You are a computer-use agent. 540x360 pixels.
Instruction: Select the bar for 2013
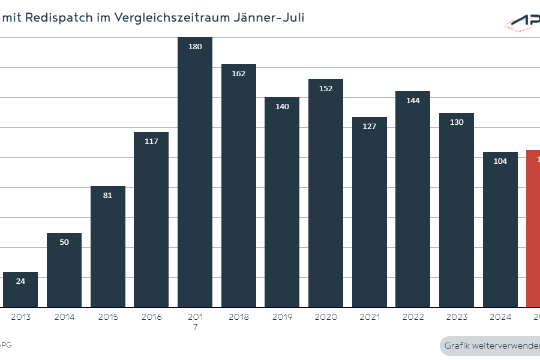point(20,289)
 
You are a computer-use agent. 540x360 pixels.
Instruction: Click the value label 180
point(194,46)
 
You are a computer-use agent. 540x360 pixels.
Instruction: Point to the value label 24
point(21,281)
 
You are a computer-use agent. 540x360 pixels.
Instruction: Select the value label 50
point(64,242)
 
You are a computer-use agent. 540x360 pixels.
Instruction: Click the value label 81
point(108,195)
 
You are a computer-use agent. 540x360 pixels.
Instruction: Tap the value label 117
point(151,141)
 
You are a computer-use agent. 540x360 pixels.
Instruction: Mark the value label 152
point(325,88)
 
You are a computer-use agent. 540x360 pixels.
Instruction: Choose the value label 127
point(368,126)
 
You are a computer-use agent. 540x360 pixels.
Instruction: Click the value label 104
point(499,161)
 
